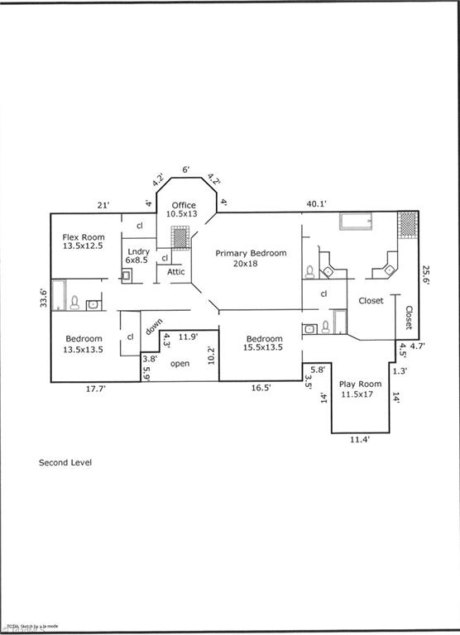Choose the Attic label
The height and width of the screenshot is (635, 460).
click(x=176, y=272)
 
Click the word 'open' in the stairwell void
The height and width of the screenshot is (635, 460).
click(x=180, y=364)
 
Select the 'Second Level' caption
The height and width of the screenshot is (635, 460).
click(x=65, y=463)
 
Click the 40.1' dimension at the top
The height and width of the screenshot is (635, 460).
click(x=315, y=204)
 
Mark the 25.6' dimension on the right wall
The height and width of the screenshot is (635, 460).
click(x=426, y=275)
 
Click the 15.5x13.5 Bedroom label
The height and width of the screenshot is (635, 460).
click(x=264, y=343)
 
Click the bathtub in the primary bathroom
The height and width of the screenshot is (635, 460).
click(x=356, y=221)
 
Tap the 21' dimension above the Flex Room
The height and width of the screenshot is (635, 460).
click(x=103, y=204)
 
